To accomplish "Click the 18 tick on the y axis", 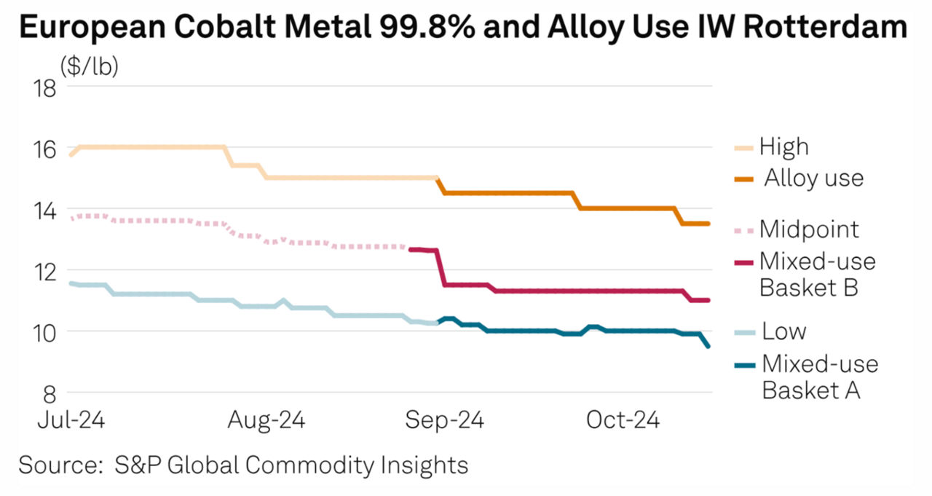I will coord(45,87).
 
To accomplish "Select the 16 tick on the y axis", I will coord(45,149).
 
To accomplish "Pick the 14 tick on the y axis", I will coord(45,210).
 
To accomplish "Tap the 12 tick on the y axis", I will coord(45,271).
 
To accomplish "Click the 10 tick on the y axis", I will coord(45,332).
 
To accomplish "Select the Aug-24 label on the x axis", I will coord(266,420).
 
